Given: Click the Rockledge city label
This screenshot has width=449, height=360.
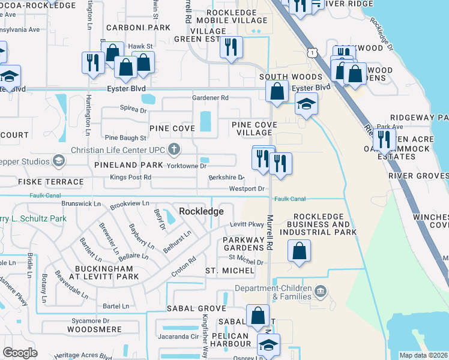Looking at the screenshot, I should click(x=201, y=211).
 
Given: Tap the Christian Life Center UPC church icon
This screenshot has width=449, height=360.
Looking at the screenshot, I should click(x=174, y=149).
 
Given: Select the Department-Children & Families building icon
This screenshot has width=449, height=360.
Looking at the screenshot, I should click(x=320, y=292).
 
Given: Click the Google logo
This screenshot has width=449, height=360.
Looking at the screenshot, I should click(x=20, y=353).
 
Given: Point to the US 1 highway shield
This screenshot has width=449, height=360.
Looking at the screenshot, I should click(x=312, y=53).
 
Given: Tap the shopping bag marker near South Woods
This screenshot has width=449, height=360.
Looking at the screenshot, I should click(x=277, y=92).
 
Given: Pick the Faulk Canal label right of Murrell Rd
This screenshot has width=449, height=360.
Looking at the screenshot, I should click(x=290, y=199).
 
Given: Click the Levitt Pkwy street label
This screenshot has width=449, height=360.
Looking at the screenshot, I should click(x=247, y=224).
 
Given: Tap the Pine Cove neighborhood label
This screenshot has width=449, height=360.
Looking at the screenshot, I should click(x=172, y=128).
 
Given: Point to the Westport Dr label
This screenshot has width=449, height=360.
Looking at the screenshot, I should click(x=247, y=189).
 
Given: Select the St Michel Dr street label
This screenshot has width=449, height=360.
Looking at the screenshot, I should click(x=246, y=262).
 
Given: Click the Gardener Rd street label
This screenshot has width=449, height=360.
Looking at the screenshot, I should click(x=210, y=98).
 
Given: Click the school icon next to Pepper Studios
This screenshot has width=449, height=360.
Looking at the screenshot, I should click(x=59, y=161).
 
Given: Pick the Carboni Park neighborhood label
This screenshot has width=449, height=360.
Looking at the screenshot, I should click(x=138, y=28).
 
